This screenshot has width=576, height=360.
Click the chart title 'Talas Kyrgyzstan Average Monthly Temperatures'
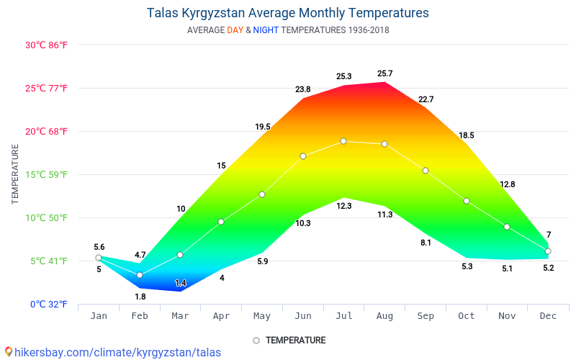[288, 13]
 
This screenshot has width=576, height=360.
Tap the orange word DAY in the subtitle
[235, 30]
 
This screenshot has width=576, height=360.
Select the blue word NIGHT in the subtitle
[266, 30]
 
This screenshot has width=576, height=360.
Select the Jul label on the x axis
[343, 315]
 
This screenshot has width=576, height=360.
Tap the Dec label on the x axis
[548, 315]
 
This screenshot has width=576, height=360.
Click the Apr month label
[221, 315]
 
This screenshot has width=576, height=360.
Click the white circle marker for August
[384, 144]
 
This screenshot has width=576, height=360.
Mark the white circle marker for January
[99, 258]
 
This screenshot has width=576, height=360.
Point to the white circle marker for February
[140, 275]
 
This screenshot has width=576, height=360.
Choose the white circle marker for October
[467, 201]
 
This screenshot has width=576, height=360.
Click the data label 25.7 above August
[385, 73]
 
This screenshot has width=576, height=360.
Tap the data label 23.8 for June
[303, 89]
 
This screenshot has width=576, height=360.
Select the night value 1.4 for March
[181, 283]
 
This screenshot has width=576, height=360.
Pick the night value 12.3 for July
[344, 206]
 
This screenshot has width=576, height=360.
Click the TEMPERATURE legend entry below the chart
[295, 340]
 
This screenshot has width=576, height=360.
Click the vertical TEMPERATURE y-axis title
[16, 174]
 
